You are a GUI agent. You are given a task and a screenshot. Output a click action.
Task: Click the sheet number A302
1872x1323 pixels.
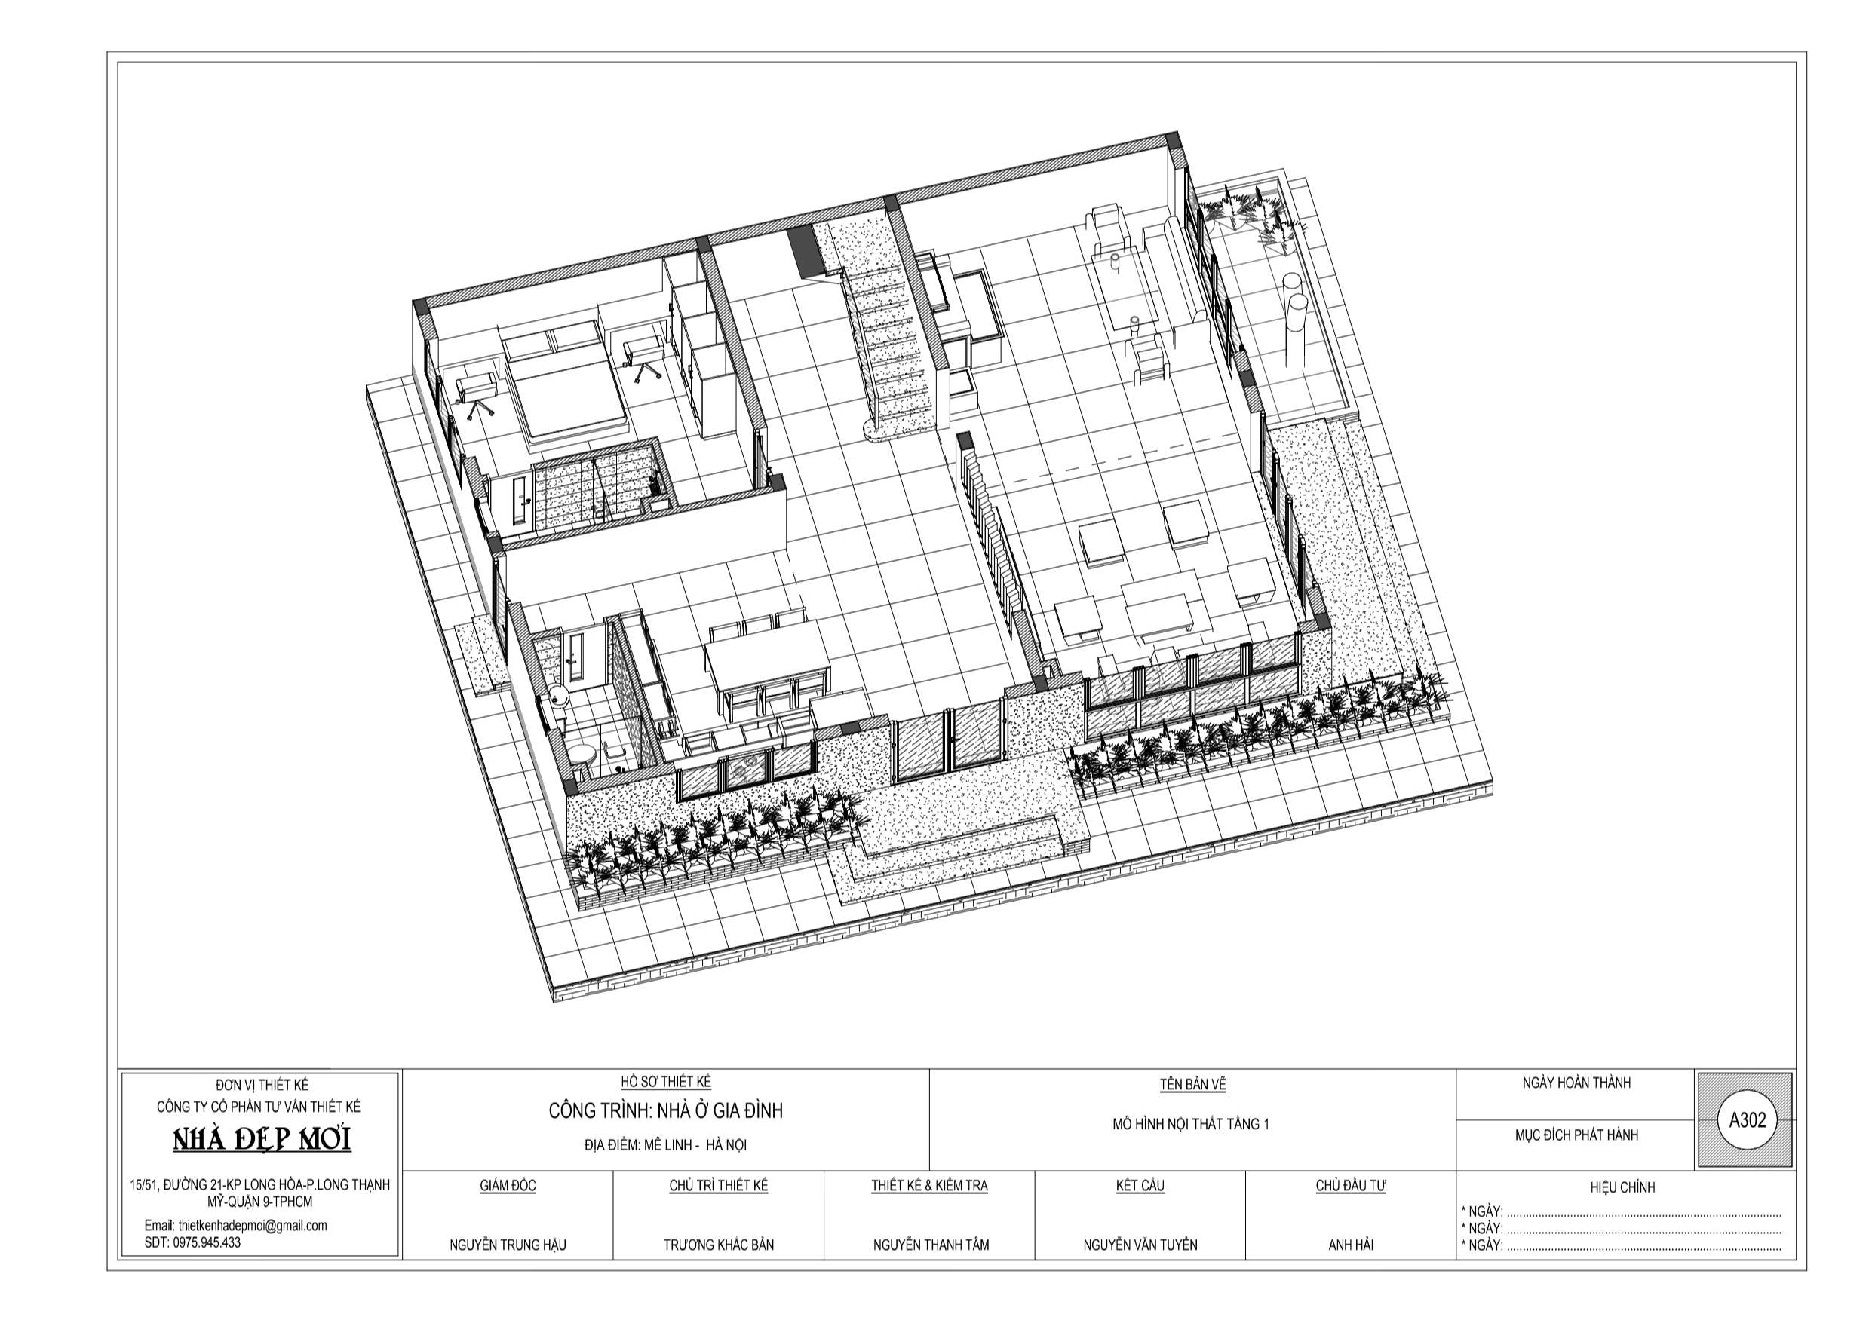point(1747,1120)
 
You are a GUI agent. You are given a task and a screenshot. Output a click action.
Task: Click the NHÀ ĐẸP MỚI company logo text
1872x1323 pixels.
point(262,1139)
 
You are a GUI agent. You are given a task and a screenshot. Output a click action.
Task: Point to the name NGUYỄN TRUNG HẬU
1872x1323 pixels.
point(507,1245)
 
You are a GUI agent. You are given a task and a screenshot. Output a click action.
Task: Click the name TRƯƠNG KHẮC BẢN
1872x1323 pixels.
point(718,1245)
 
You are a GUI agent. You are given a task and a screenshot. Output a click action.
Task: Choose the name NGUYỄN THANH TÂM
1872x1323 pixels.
point(930,1245)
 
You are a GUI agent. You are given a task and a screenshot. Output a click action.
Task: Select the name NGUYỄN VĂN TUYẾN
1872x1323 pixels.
point(1140,1245)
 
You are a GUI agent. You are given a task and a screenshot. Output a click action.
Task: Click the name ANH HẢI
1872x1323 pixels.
point(1350,1245)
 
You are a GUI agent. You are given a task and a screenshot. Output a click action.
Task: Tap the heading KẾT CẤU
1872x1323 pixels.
point(1140,1185)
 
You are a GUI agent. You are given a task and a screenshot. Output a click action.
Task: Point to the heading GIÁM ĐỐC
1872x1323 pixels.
point(507,1185)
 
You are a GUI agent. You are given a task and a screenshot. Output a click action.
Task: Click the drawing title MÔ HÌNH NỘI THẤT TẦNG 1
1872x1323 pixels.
point(1190,1124)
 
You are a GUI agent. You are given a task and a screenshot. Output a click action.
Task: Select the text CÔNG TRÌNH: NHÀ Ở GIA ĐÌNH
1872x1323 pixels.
point(665,1110)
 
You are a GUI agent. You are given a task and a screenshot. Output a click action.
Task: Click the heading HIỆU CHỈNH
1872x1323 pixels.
point(1622,1187)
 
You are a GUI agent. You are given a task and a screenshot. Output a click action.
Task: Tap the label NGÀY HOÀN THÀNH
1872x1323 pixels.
point(1576,1083)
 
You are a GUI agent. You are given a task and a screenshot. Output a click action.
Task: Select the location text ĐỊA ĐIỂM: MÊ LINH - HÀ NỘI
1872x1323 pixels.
point(665,1144)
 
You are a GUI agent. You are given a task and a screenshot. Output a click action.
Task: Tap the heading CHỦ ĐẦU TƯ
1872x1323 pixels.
point(1350,1185)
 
